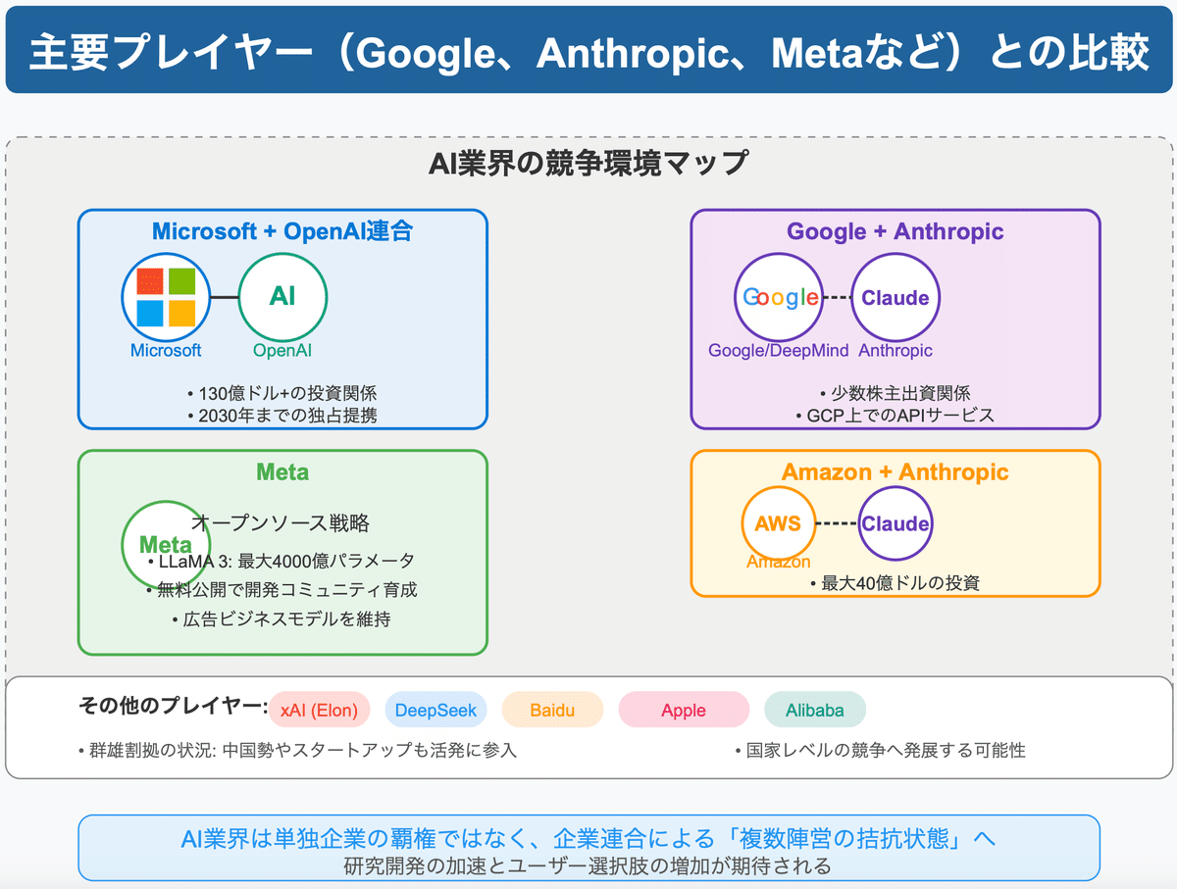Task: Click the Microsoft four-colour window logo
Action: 166,298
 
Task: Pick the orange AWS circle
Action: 778,523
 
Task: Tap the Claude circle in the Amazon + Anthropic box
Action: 896,523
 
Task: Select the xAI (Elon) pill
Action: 319,710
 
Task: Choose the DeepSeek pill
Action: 436,710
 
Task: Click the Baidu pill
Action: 553,710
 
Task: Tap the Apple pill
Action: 684,710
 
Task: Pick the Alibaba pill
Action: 813,710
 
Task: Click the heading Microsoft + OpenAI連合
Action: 282,231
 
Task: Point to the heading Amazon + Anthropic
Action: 895,471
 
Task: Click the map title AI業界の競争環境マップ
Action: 588,163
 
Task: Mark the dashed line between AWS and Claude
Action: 837,523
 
